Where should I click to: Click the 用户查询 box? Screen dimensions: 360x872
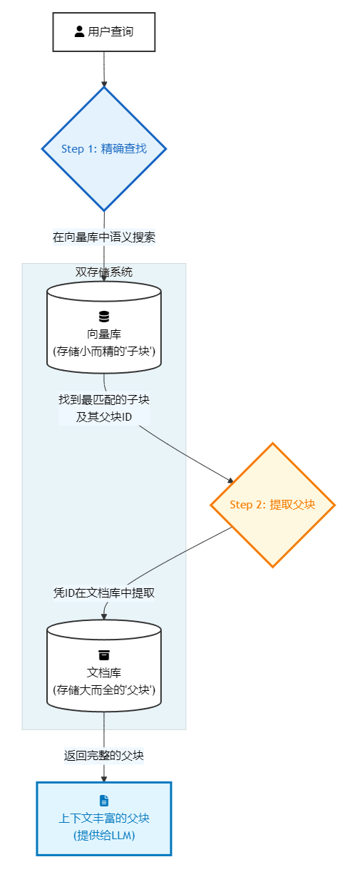(x=104, y=32)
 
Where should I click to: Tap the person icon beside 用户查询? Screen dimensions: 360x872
(x=79, y=31)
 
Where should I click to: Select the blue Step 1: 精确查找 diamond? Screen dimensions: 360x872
(x=104, y=149)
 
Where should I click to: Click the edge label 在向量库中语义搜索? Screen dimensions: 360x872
(x=104, y=237)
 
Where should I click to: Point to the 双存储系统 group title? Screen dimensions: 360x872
(x=104, y=272)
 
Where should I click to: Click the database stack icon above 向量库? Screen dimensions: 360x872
(x=104, y=317)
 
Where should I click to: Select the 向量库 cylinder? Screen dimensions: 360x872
(x=104, y=327)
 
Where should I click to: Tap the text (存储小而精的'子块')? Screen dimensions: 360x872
(x=104, y=351)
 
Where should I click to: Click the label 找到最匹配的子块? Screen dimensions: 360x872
(x=104, y=399)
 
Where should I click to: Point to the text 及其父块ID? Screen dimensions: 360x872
(x=104, y=417)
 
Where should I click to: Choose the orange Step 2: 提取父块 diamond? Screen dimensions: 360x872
(x=272, y=505)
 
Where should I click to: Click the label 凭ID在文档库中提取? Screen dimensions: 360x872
(x=104, y=593)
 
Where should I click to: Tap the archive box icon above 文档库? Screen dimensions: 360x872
(x=104, y=655)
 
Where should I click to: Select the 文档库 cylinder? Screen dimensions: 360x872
(x=104, y=666)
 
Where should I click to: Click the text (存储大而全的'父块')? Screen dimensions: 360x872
(x=104, y=689)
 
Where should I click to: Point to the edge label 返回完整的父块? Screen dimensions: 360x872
(x=104, y=755)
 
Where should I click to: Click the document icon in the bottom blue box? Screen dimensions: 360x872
(x=104, y=801)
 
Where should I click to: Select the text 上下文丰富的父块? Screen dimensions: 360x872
(x=104, y=818)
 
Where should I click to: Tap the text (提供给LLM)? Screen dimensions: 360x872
(x=104, y=836)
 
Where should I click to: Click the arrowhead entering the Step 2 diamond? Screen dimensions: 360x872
(x=231, y=481)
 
